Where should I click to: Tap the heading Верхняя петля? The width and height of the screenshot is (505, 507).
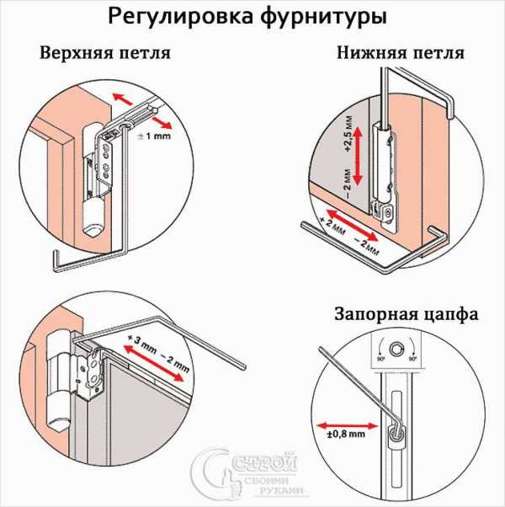click(105, 53)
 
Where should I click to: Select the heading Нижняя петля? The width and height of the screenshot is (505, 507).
click(401, 53)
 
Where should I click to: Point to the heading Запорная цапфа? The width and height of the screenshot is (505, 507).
click(407, 315)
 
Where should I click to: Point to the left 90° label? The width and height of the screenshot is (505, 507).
click(380, 359)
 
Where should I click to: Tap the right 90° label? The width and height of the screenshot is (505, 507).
click(412, 359)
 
